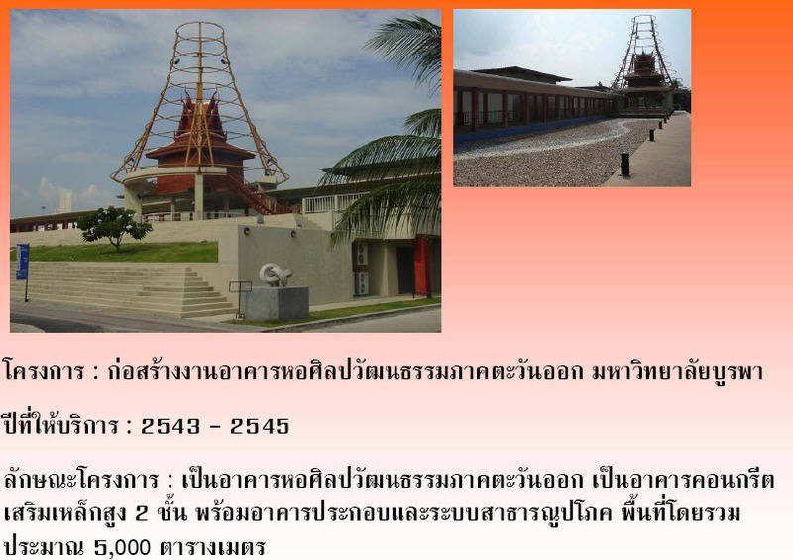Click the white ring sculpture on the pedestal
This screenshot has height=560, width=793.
coord(276,276)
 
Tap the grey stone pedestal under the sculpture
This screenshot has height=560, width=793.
coord(278,303)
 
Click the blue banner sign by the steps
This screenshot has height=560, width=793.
coord(22,261)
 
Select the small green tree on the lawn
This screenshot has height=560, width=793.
coord(114,227)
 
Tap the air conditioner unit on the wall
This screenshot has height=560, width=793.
coord(361,283)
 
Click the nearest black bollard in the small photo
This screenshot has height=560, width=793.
coord(625,165)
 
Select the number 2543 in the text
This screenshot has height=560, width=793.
coord(170,426)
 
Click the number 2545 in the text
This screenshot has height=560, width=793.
coord(260,426)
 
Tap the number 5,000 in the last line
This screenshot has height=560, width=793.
coord(122,548)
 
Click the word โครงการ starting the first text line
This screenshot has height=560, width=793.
coord(43,372)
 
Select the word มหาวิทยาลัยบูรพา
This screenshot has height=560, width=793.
coord(677,372)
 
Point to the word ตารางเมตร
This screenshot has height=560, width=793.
coord(212,547)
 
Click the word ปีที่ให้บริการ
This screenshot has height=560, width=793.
coord(60,425)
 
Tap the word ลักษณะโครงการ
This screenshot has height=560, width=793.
coord(81,480)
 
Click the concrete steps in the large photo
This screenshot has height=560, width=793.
coord(121,288)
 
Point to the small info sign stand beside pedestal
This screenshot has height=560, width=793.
coord(240,298)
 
